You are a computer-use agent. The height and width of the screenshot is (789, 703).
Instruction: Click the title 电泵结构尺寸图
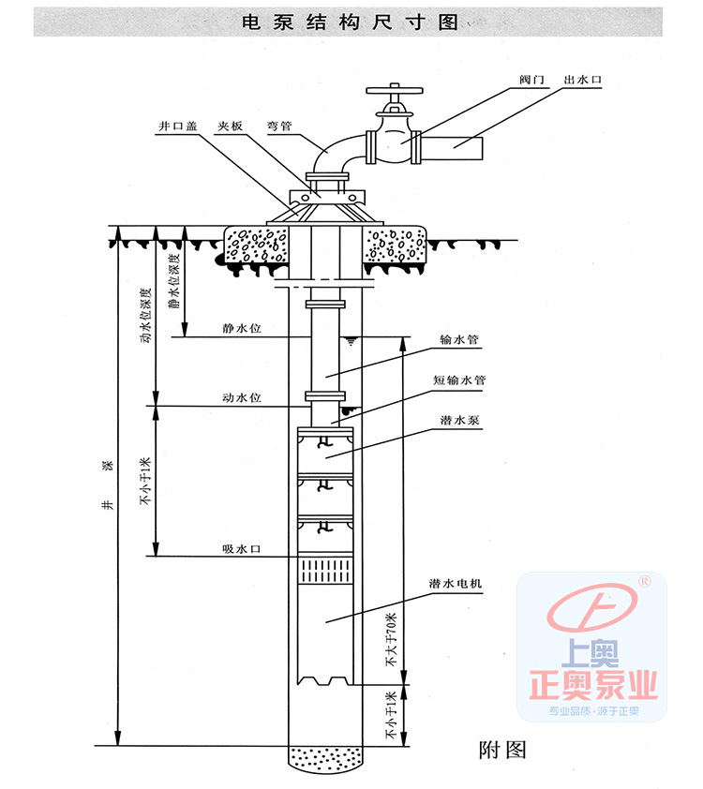click(x=351, y=22)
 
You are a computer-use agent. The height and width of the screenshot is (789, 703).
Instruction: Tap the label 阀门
click(x=531, y=82)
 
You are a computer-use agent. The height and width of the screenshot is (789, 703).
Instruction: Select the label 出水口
click(x=582, y=82)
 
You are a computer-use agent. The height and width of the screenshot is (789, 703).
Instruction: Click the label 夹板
click(x=230, y=123)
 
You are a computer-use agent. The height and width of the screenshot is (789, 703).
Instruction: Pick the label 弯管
click(x=279, y=123)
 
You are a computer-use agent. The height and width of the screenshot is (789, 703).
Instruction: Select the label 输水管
click(x=458, y=340)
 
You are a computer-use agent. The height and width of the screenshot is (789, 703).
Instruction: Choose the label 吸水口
click(x=241, y=549)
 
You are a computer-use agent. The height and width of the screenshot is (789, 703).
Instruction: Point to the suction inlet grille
click(x=324, y=569)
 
